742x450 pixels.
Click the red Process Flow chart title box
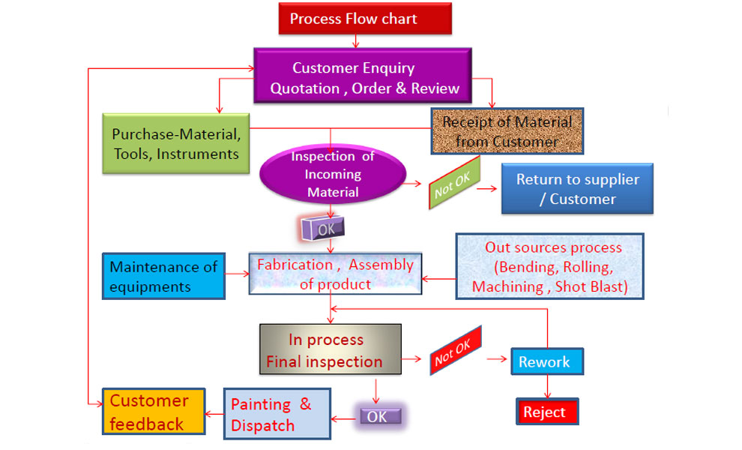click(365, 19)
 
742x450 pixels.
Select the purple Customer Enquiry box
click(365, 78)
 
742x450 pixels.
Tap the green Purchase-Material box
click(176, 144)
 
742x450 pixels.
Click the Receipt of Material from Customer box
click(507, 131)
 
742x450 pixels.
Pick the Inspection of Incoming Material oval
click(331, 175)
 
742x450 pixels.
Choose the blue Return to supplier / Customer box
click(577, 189)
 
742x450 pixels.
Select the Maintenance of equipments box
click(163, 276)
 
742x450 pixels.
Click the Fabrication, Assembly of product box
click(335, 274)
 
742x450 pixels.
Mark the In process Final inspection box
click(330, 350)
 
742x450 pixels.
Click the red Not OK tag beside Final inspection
click(454, 351)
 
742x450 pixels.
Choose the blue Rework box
click(546, 361)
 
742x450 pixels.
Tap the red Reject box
click(546, 412)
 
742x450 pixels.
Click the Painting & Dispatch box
click(277, 414)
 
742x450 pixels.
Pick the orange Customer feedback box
click(154, 412)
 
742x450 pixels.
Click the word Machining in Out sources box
click(507, 286)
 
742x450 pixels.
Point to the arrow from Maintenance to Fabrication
click(237, 274)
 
